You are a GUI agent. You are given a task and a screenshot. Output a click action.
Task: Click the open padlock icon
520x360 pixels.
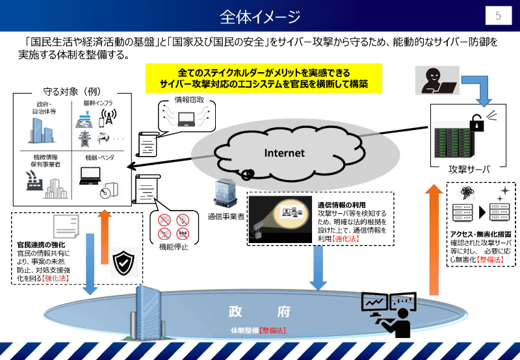pos(478,123)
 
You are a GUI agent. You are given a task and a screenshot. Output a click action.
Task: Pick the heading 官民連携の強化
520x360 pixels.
pos(42,245)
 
